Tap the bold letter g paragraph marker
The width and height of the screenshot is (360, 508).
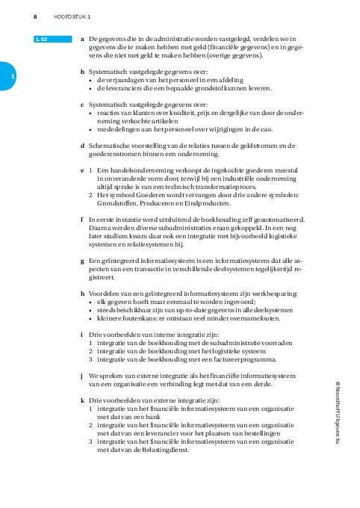(81, 261)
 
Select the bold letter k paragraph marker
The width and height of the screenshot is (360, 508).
(81, 400)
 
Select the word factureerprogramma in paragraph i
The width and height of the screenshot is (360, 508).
(222, 359)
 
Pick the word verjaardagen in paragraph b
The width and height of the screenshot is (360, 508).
(124, 80)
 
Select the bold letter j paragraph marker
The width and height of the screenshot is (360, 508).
(81, 376)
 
